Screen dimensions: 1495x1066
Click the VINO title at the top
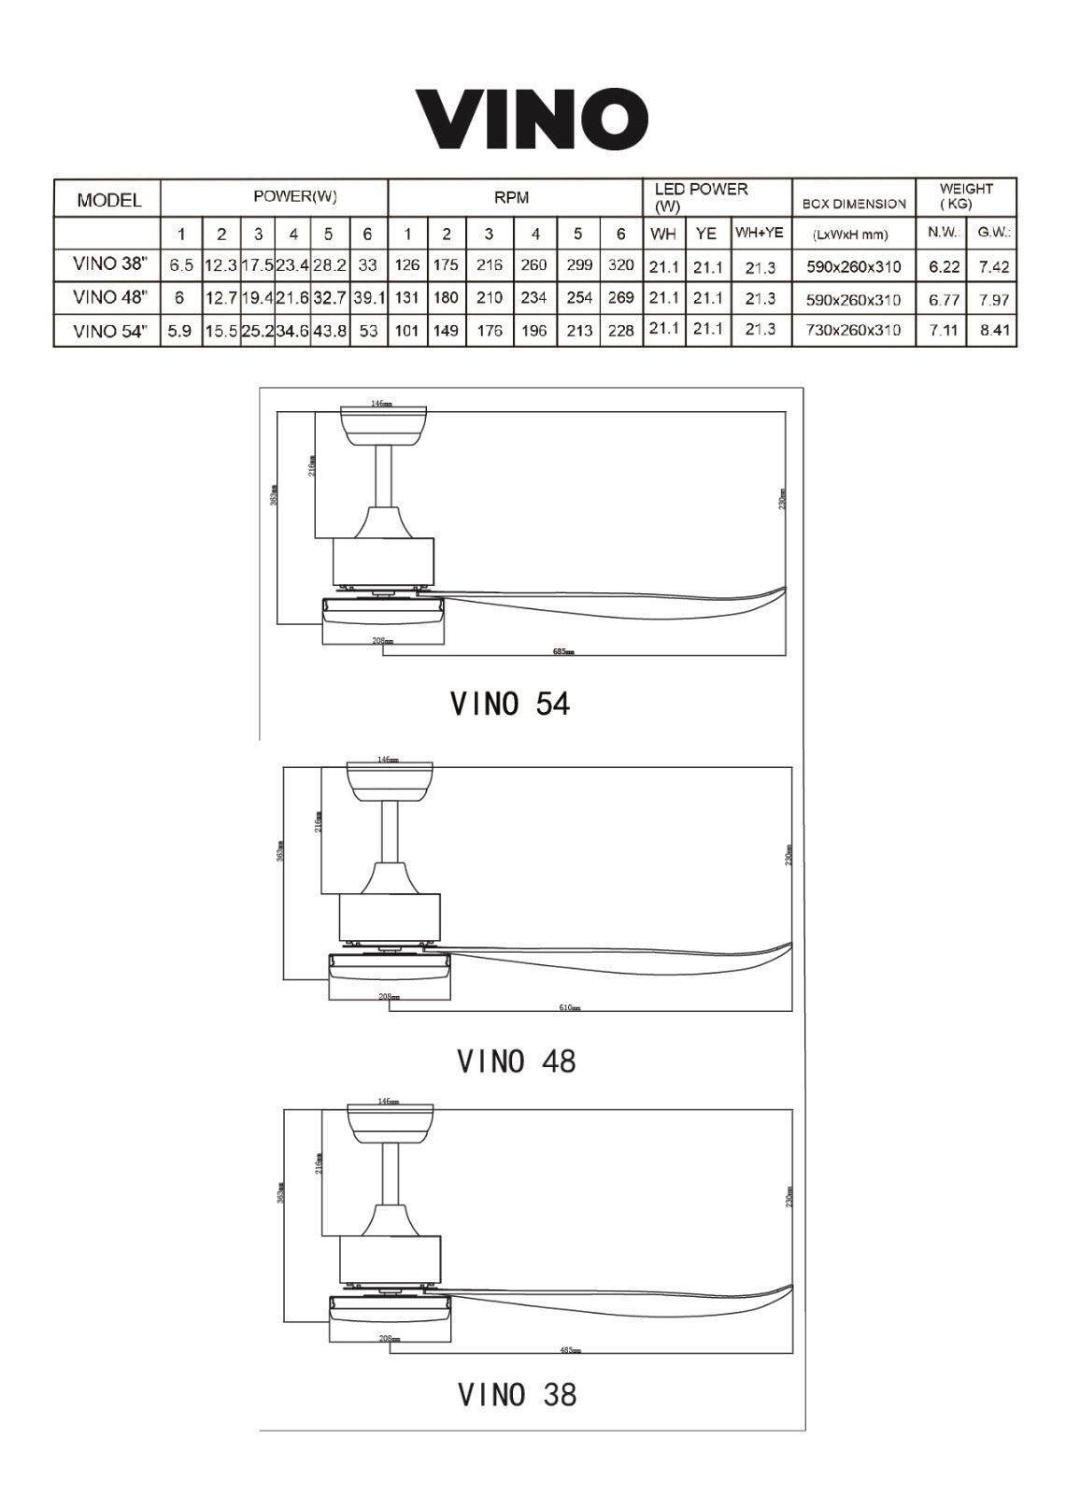coord(532,119)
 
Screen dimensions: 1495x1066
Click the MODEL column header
coord(109,199)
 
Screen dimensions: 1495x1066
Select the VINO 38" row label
coord(109,264)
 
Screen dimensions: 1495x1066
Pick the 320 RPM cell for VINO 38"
coord(621,265)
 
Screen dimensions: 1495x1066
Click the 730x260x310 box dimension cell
coord(853,330)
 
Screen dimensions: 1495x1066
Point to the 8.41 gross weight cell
coord(994,330)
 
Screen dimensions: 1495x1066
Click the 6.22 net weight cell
coord(944,266)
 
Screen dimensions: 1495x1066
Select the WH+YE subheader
coord(759,233)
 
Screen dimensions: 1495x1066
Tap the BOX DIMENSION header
coord(854,204)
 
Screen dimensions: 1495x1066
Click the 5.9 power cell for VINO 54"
coord(180,331)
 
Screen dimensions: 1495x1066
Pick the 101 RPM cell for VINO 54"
coord(407,331)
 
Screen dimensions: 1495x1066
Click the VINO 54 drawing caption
coord(509,703)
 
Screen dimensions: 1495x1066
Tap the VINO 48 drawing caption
coord(516,1061)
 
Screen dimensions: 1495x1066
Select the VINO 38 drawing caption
coord(517,1394)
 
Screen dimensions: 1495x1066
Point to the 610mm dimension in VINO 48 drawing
coord(570,1007)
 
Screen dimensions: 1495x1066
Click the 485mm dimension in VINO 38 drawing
coord(570,1350)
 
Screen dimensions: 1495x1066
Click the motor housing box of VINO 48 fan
coord(389,917)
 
